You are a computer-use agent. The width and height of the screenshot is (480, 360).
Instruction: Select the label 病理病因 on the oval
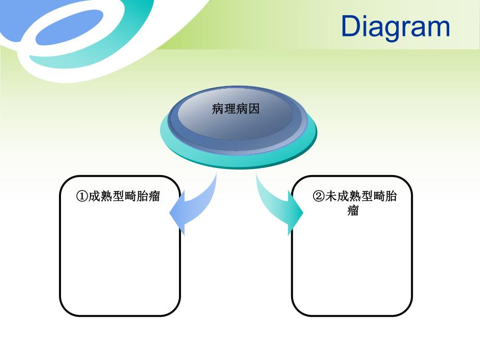[x=236, y=109]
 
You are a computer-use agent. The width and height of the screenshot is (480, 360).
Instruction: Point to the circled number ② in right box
[x=318, y=196]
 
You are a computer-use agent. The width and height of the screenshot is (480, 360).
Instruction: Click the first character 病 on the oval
[x=218, y=109]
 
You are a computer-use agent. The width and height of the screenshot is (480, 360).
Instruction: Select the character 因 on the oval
[x=254, y=109]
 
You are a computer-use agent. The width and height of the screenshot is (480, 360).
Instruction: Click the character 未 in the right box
[x=330, y=196]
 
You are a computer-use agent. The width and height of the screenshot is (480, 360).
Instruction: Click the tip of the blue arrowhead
[x=171, y=213]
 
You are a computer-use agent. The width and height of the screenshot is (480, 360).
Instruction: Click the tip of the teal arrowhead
[x=303, y=213]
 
